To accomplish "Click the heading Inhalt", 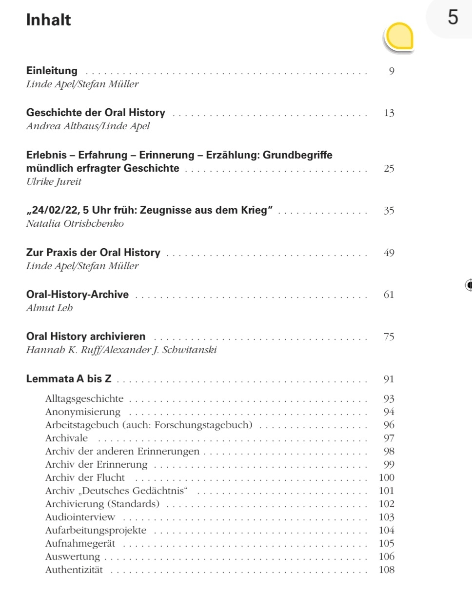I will click(48, 20).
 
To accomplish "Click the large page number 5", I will click(453, 18).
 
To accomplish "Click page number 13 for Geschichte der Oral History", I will click(389, 114).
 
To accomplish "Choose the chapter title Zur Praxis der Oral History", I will click(93, 253).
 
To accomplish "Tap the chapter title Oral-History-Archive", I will click(77, 295).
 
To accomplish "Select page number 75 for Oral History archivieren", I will click(389, 337).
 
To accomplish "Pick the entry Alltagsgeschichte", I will click(84, 398).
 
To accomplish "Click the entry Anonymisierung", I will click(82, 412).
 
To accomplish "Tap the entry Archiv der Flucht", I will click(85, 477).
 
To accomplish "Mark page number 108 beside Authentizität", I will click(387, 570).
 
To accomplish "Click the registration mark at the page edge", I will click(469, 285).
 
